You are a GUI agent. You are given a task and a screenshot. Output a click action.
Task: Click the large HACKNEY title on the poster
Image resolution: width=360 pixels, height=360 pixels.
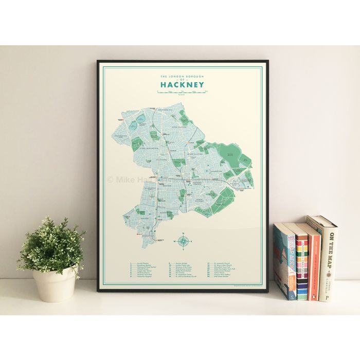pos(182,84)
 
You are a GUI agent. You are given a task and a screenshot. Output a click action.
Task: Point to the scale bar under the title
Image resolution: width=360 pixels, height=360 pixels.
pos(182,92)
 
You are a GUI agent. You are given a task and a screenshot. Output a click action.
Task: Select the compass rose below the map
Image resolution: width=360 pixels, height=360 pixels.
pos(184,240)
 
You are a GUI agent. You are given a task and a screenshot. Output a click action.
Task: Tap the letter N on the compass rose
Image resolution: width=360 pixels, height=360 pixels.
pos(184,234)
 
